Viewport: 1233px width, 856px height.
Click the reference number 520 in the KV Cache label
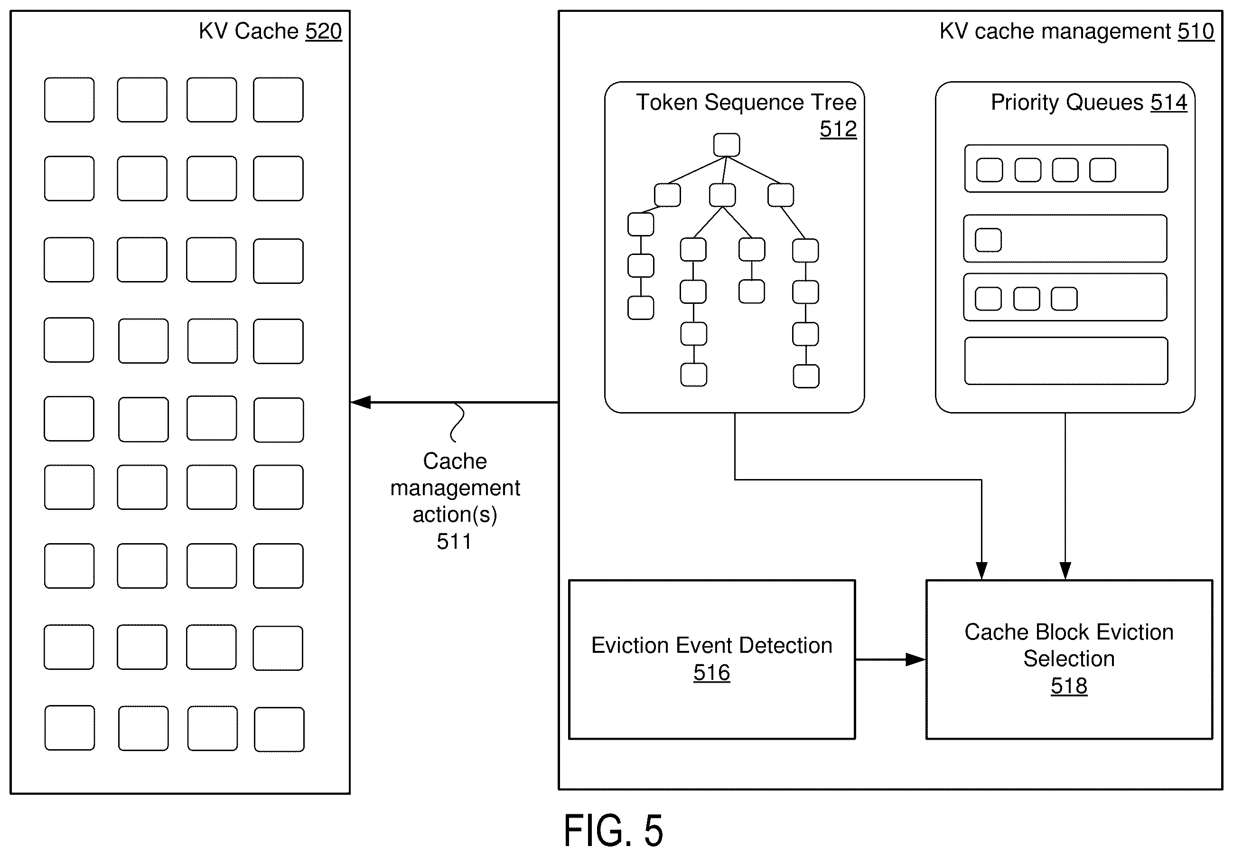tap(323, 31)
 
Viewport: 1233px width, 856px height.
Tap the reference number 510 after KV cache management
tap(1196, 31)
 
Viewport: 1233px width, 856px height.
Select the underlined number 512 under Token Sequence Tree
tap(838, 129)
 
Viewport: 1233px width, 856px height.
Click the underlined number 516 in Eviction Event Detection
tap(711, 672)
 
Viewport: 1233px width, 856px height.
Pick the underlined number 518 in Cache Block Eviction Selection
tap(1069, 686)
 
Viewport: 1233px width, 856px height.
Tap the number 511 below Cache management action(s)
tap(454, 541)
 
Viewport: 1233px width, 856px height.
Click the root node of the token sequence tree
tap(727, 145)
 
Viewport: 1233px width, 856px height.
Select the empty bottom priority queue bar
tap(1066, 360)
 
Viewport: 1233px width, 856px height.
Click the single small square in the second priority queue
tap(988, 240)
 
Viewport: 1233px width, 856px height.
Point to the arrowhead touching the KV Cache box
tap(360, 402)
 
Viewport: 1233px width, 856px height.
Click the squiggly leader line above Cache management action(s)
tap(457, 423)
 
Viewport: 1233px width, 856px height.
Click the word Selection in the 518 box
tap(1069, 658)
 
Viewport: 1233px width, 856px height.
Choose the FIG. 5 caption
tap(613, 830)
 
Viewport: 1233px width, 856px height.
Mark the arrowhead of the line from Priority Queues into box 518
tap(1065, 571)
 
